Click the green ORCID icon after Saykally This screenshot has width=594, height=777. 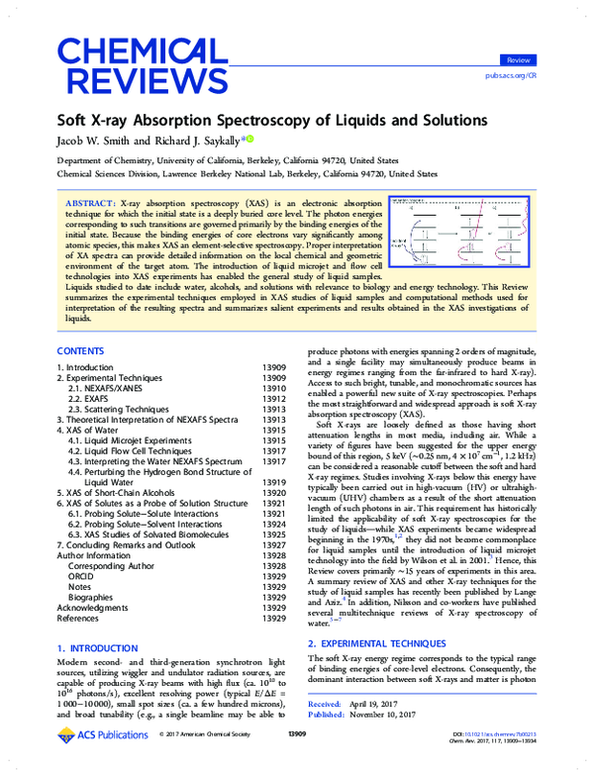point(249,140)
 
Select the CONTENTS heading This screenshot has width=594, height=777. point(81,351)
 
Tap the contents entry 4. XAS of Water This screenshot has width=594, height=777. point(91,432)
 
